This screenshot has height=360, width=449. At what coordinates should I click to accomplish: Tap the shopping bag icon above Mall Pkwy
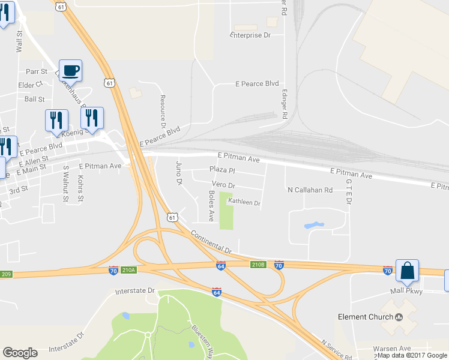[407, 271]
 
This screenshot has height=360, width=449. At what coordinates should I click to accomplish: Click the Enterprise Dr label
[251, 35]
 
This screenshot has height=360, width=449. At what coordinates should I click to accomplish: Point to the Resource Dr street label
[162, 111]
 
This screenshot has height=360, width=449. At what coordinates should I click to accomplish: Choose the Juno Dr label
[178, 172]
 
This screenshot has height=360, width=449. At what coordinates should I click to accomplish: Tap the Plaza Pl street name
[221, 170]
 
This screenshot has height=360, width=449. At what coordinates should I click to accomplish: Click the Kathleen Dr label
[244, 203]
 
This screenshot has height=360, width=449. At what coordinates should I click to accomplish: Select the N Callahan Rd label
[310, 190]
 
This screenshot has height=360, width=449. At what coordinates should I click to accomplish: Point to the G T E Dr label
[348, 190]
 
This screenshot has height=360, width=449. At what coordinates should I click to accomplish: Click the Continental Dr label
[211, 242]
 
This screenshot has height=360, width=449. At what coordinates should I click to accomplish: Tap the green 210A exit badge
[129, 271]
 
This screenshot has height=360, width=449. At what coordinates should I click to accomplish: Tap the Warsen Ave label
[391, 349]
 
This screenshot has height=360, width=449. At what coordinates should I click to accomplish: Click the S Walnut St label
[65, 183]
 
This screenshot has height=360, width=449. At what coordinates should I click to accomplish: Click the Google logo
[20, 353]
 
